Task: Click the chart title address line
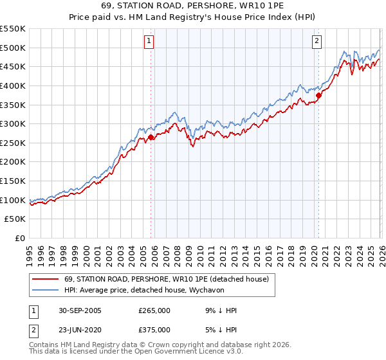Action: (192, 6)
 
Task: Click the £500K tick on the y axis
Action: (13, 48)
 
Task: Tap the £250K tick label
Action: (13, 143)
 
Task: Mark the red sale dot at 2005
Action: (151, 137)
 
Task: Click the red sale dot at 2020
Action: (318, 95)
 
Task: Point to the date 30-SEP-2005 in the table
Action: (80, 310)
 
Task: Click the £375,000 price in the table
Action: (154, 330)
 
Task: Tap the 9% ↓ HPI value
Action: (219, 310)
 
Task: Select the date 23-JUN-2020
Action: (80, 330)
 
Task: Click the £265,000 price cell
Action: (154, 310)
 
